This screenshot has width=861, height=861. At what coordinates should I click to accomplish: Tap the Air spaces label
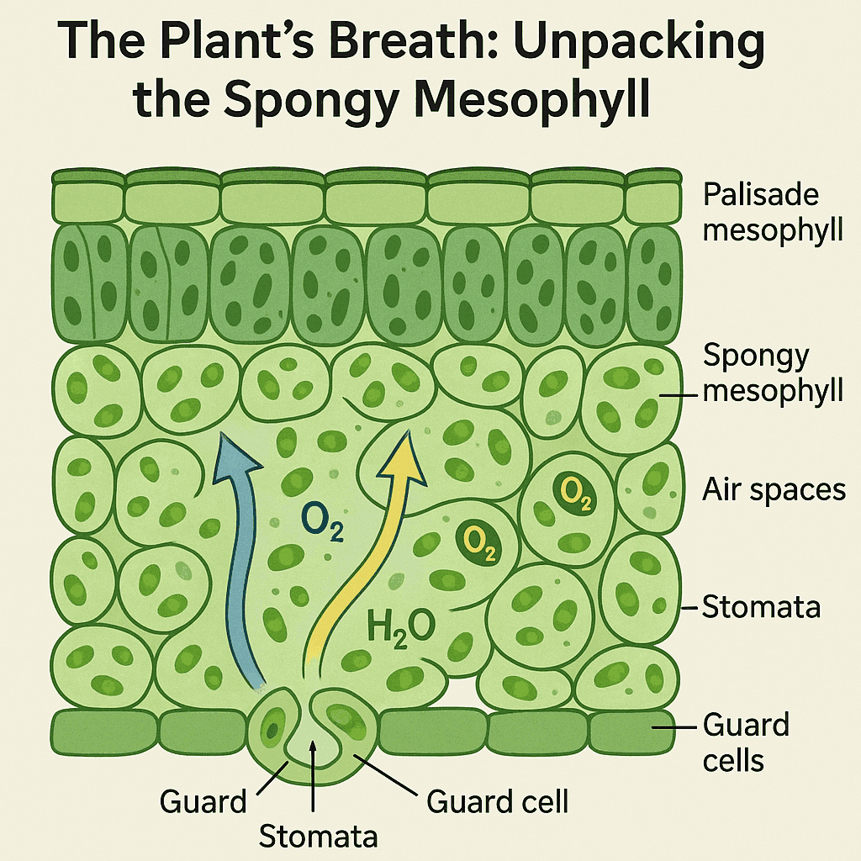pyautogui.click(x=774, y=489)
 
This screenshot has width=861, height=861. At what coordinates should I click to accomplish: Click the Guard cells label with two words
pyautogui.click(x=745, y=742)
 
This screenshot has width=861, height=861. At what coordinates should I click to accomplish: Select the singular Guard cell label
pyautogui.click(x=498, y=801)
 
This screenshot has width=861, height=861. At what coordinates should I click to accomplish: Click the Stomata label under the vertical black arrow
pyautogui.click(x=318, y=836)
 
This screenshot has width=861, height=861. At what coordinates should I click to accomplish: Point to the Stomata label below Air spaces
pyautogui.click(x=761, y=606)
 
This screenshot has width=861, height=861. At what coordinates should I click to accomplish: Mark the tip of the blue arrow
pyautogui.click(x=222, y=435)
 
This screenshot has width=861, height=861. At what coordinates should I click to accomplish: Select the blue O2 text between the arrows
pyautogui.click(x=322, y=533)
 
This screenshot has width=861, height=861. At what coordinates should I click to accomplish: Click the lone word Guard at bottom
pyautogui.click(x=203, y=801)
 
